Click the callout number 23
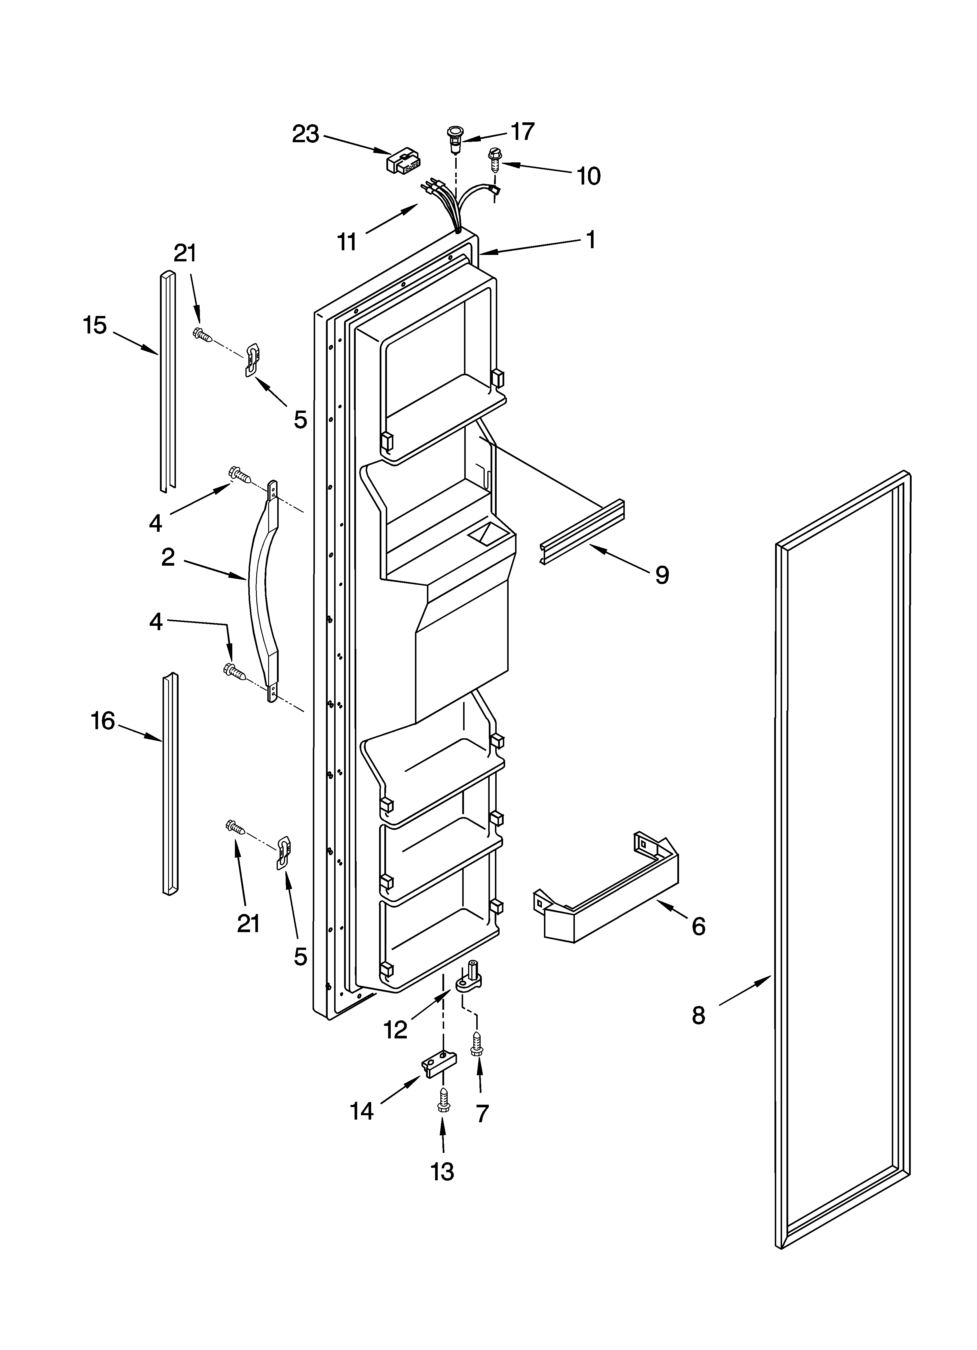(x=305, y=135)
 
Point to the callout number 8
(x=699, y=1015)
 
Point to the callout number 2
(x=168, y=557)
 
